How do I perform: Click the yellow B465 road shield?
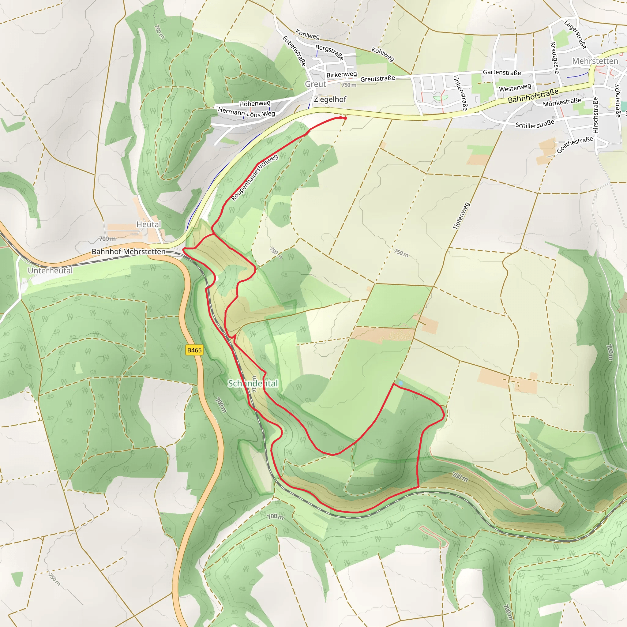click(x=194, y=350)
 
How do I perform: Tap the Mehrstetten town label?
click(x=595, y=61)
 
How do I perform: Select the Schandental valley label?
click(x=253, y=383)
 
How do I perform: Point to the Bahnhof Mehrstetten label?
click(x=129, y=252)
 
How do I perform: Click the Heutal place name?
click(x=148, y=224)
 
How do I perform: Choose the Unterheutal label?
click(x=50, y=270)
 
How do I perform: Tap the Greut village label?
click(x=315, y=84)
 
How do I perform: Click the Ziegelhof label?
click(x=330, y=99)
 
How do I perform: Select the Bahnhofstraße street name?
click(x=533, y=96)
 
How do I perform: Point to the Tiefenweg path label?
click(x=461, y=216)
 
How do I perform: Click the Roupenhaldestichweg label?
click(x=255, y=177)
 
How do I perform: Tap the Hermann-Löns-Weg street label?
click(x=246, y=112)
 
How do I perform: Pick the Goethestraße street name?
click(x=575, y=145)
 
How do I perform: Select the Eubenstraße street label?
click(x=294, y=51)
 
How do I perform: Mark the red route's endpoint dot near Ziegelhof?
click(x=345, y=118)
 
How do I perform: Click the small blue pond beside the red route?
click(x=401, y=383)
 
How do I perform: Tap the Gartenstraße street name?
click(x=502, y=72)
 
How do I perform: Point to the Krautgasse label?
click(x=555, y=58)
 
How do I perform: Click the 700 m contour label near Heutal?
click(x=107, y=239)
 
